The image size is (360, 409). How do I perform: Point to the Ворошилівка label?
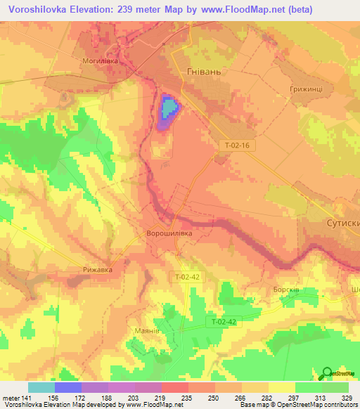pyautogui.click(x=169, y=233)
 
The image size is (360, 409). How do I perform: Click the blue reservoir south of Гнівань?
pyautogui.click(x=169, y=108)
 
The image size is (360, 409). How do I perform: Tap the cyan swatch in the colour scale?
pyautogui.click(x=41, y=387)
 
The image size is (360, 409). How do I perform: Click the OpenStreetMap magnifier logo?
pyautogui.click(x=327, y=374)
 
